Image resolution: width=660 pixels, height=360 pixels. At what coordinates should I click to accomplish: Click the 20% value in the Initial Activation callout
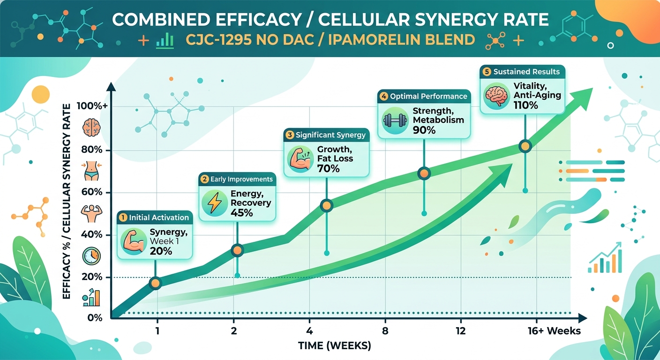[x=161, y=251]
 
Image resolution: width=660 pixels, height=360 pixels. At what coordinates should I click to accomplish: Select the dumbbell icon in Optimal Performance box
[x=395, y=120]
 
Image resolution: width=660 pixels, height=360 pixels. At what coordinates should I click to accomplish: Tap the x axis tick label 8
[x=385, y=331]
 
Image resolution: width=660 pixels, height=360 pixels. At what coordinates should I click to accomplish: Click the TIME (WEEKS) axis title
[x=334, y=346]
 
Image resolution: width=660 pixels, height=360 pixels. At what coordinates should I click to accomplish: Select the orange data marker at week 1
[x=156, y=283]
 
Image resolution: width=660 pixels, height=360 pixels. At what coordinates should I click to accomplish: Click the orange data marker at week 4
[x=326, y=205]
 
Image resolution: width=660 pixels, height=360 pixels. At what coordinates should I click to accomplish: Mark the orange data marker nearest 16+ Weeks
[x=525, y=146]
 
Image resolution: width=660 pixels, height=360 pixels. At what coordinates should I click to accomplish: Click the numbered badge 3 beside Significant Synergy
[x=290, y=135]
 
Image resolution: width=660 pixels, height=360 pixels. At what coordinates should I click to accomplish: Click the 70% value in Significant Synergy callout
[x=328, y=168]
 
